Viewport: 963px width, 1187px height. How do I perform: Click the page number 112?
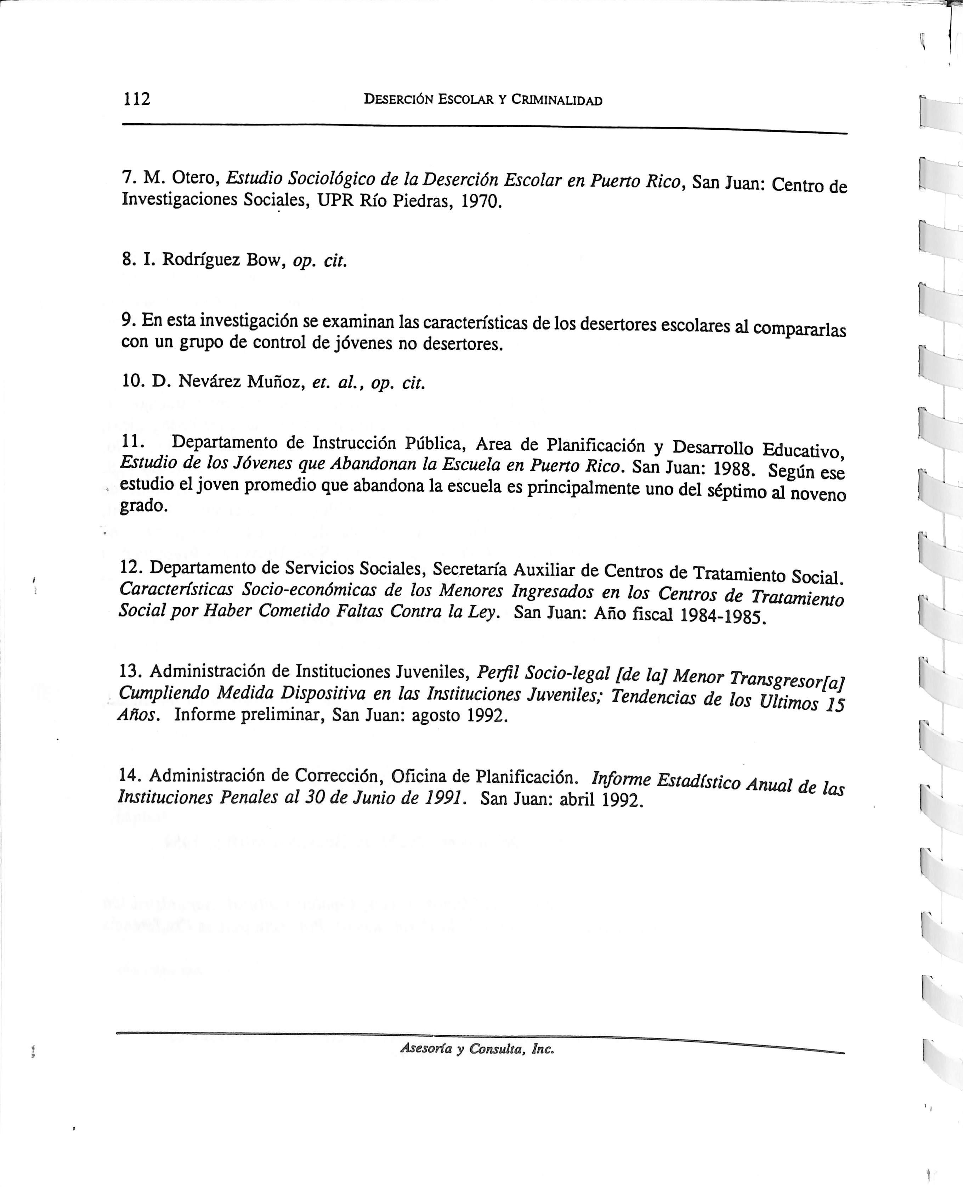click(x=136, y=99)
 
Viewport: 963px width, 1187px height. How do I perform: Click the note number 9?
click(x=128, y=320)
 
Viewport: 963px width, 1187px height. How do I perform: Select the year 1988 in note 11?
click(x=733, y=469)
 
